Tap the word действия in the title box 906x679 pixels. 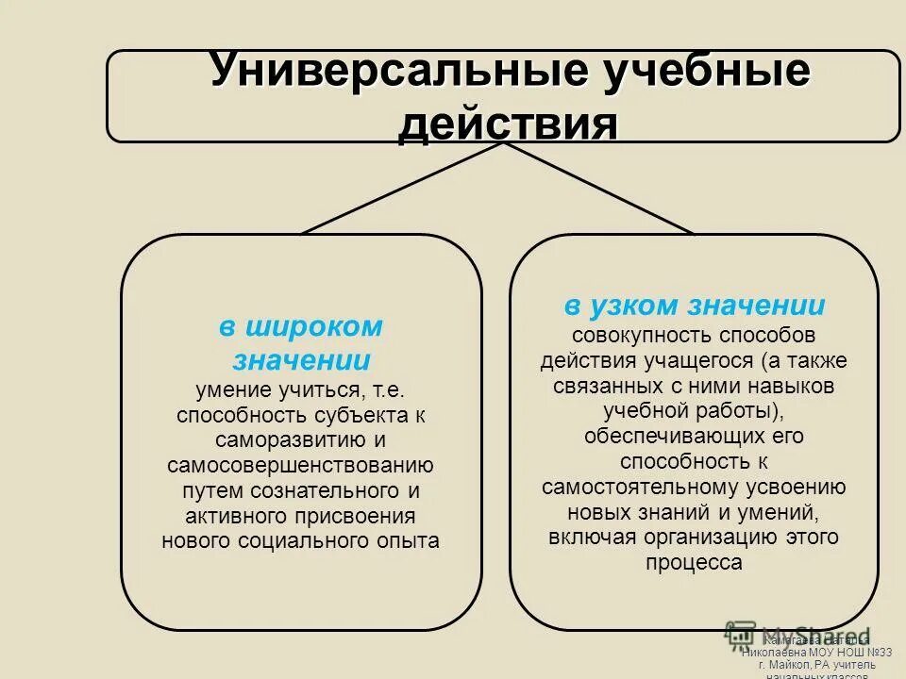pyautogui.click(x=508, y=124)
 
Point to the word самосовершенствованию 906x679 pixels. pyautogui.click(x=301, y=466)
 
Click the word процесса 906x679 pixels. pyautogui.click(x=694, y=563)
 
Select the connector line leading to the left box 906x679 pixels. pyautogui.click(x=401, y=188)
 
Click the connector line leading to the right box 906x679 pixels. pyautogui.click(x=599, y=188)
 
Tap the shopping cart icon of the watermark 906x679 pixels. pyautogui.click(x=741, y=636)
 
